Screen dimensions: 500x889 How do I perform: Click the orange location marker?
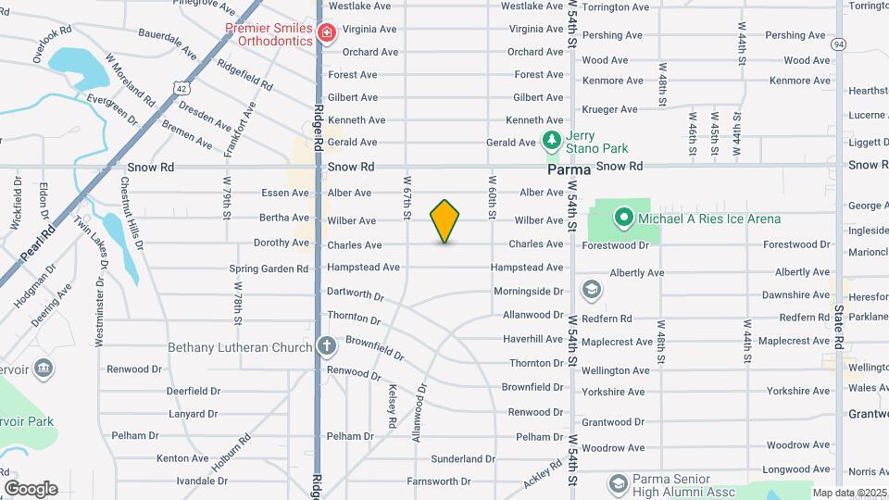[x=445, y=221]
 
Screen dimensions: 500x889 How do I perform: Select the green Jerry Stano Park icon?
[x=552, y=142]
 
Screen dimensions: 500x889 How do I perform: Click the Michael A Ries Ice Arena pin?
[x=624, y=219]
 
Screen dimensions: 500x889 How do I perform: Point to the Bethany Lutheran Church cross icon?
[x=326, y=347]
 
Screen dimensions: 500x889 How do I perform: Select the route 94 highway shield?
[x=839, y=44]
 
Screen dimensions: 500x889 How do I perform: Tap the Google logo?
[x=31, y=488]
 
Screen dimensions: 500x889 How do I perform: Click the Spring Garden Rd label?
[x=269, y=269]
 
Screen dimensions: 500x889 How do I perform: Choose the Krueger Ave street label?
[x=610, y=109]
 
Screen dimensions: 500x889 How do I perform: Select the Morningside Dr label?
[x=527, y=292]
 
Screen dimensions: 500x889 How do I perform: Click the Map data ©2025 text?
[x=849, y=493]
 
